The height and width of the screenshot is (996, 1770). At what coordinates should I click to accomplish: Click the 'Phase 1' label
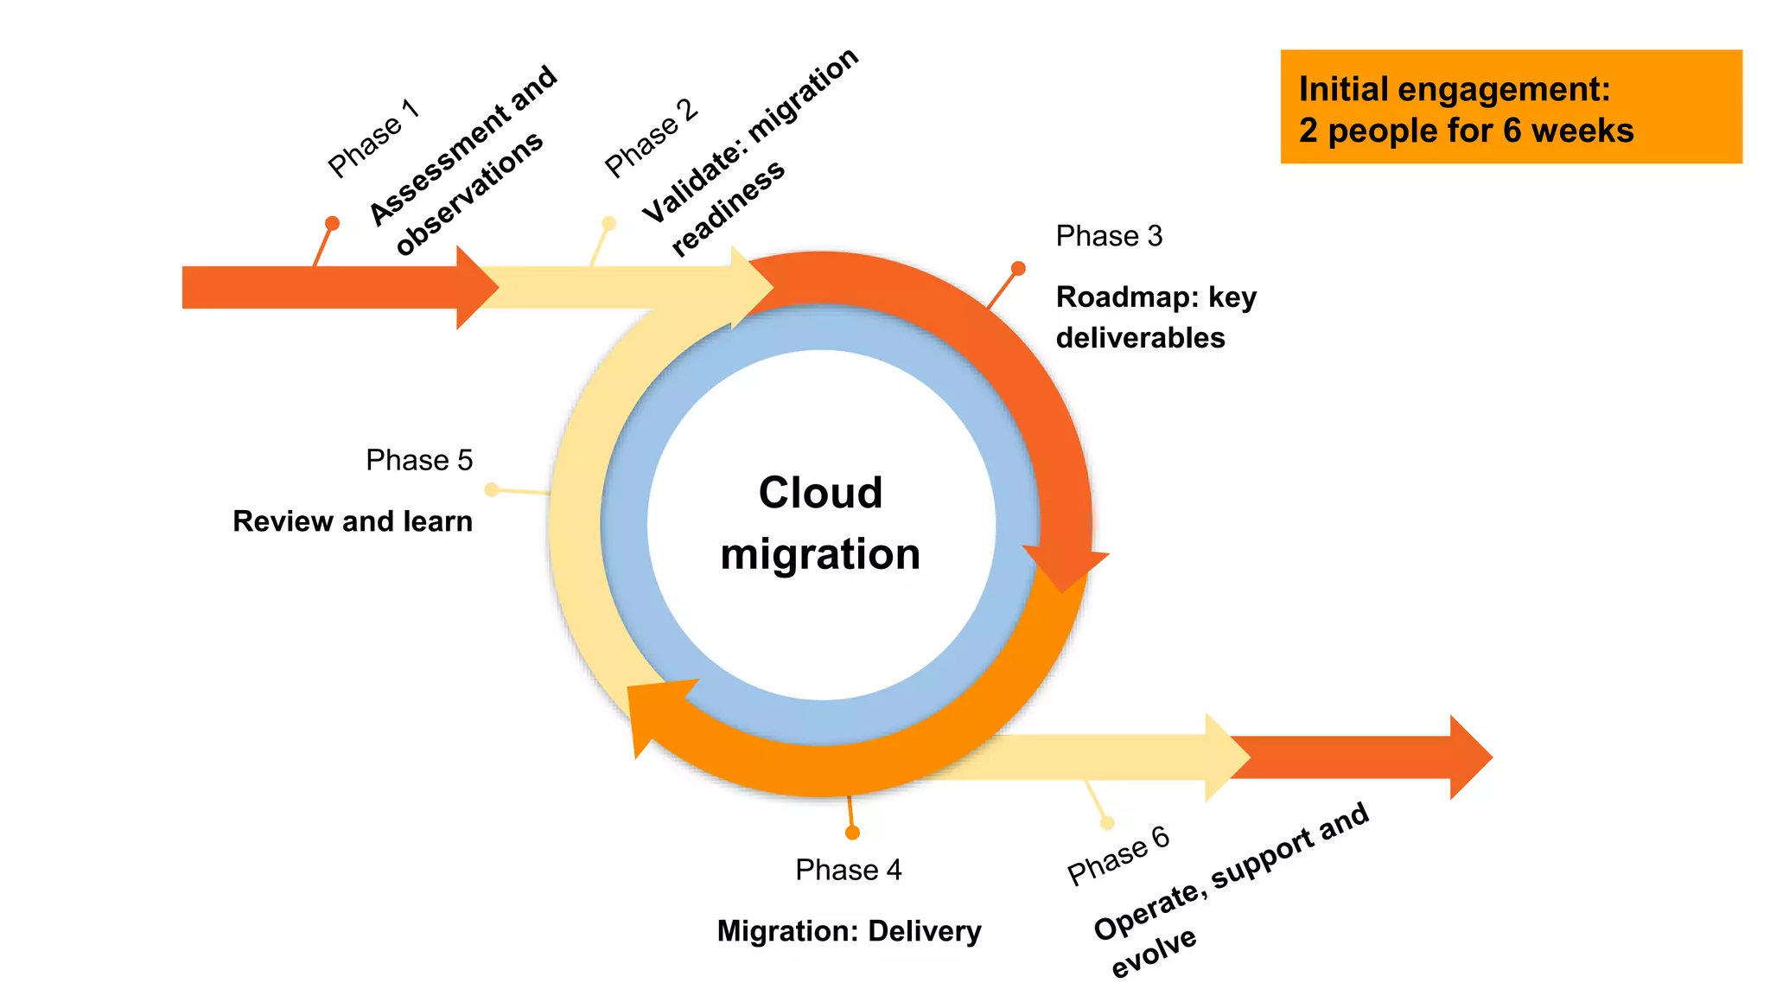click(x=373, y=138)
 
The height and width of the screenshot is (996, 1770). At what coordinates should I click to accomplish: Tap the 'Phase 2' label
click(x=651, y=138)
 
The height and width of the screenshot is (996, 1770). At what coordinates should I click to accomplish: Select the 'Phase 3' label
click(x=1109, y=236)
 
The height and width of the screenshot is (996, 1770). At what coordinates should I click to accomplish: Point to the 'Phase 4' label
click(x=848, y=870)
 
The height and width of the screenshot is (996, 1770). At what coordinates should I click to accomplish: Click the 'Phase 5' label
click(x=419, y=460)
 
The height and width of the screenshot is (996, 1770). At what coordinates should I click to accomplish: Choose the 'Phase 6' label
click(x=1117, y=855)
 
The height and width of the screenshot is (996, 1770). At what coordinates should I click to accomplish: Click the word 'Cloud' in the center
click(x=820, y=493)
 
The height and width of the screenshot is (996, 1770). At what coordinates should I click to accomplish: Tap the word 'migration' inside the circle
click(x=820, y=554)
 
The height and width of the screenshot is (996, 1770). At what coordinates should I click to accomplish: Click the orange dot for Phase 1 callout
click(x=332, y=223)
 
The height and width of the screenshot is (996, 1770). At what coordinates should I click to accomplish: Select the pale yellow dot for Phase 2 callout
click(x=608, y=223)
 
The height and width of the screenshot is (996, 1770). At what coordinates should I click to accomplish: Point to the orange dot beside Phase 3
click(x=1018, y=269)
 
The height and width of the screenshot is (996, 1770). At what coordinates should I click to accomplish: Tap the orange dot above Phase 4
click(x=852, y=833)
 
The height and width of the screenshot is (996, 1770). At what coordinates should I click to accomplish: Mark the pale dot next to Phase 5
click(x=492, y=489)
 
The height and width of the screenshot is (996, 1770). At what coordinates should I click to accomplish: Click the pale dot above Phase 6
click(x=1107, y=822)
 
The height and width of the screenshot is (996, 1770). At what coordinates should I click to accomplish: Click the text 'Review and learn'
click(x=353, y=521)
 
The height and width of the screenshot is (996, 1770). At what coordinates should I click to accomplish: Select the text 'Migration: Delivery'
click(x=849, y=931)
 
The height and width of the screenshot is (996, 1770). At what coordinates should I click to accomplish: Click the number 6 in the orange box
click(x=1512, y=131)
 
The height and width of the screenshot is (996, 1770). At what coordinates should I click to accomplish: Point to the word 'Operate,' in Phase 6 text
click(x=1147, y=912)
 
